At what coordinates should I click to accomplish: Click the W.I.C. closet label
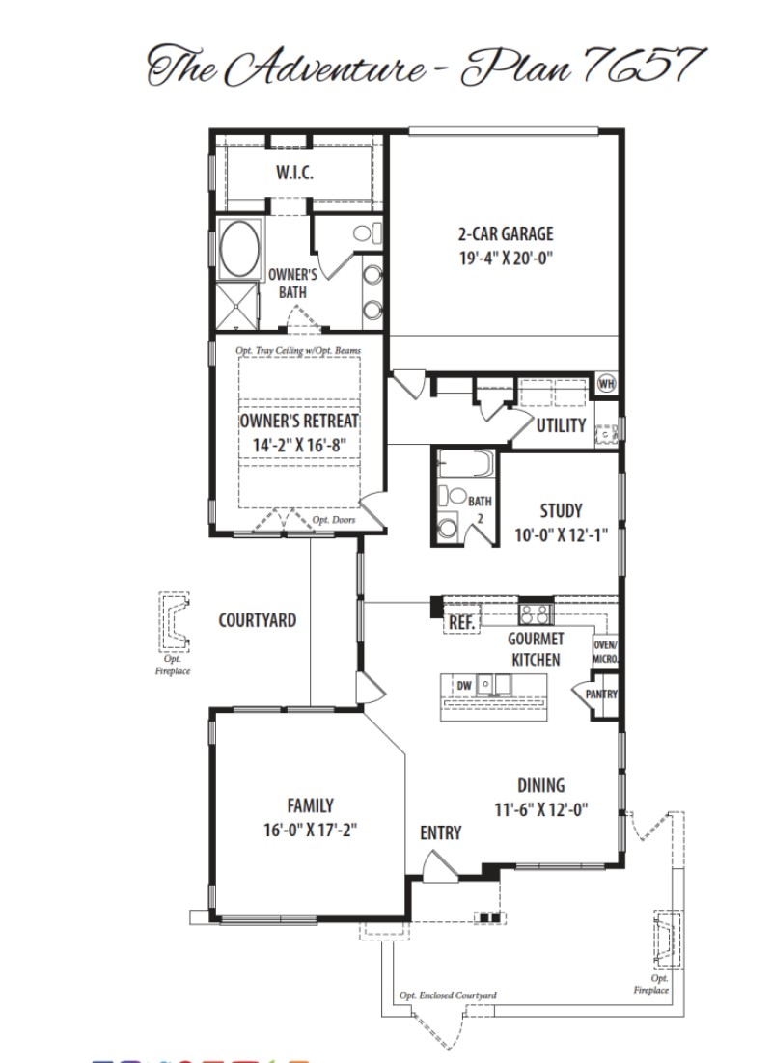[x=293, y=174]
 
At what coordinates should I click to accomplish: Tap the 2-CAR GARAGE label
[x=506, y=234]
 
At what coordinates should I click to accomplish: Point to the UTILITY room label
[x=561, y=424]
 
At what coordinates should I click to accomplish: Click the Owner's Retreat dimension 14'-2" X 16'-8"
[x=298, y=446]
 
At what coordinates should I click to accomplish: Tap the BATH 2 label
[x=480, y=507]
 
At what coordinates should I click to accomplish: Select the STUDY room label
[x=561, y=511]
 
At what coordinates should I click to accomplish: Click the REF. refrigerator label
[x=461, y=624]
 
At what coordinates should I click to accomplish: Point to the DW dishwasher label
[x=463, y=685]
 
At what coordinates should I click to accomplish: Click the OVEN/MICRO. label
[x=605, y=652]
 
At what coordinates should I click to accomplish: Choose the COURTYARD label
[x=257, y=620]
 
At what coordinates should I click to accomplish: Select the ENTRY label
[x=441, y=832]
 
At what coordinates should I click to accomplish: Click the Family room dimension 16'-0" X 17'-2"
[x=310, y=829]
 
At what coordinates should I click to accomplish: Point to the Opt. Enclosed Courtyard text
[x=448, y=995]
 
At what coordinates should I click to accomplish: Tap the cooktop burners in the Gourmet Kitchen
[x=535, y=613]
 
